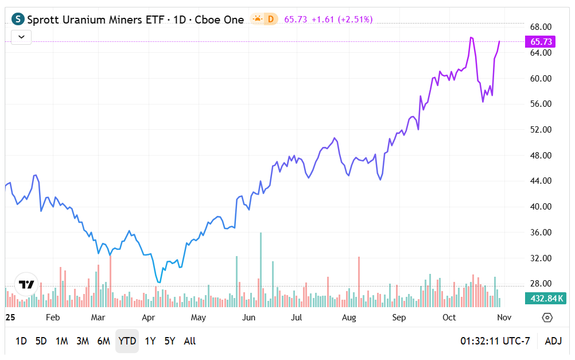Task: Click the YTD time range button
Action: tap(127, 341)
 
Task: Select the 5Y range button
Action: tap(170, 341)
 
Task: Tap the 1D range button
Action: tap(21, 341)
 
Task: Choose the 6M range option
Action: tap(103, 341)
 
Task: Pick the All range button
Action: tap(190, 341)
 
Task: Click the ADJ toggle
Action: tap(553, 341)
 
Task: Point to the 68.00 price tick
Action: tap(540, 27)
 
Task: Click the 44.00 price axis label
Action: tap(540, 181)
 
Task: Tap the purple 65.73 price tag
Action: tap(541, 41)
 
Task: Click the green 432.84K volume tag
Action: tap(545, 299)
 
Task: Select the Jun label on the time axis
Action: tap(249, 318)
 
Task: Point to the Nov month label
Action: tap(504, 318)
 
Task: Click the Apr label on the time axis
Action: tap(149, 318)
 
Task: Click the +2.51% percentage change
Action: tap(355, 20)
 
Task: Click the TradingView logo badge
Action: tap(26, 284)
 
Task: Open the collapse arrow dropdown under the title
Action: tap(21, 37)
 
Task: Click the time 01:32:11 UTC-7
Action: tap(495, 341)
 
